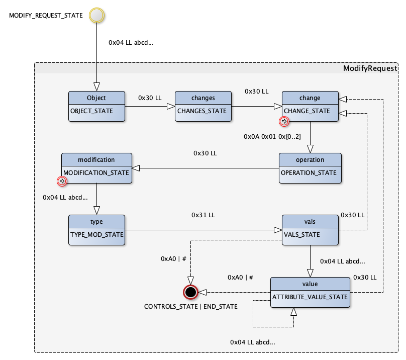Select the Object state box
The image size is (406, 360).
[x=96, y=106]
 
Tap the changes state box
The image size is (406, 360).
[x=203, y=106]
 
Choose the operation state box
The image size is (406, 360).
[x=310, y=167]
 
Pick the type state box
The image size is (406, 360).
[x=96, y=229]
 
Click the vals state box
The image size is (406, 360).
[x=310, y=229]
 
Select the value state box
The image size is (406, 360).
[x=310, y=292]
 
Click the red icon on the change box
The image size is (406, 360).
[x=284, y=121]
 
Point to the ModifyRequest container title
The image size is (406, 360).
[x=369, y=68]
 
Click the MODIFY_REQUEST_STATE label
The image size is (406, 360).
[x=46, y=16]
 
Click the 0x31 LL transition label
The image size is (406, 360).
[x=203, y=215]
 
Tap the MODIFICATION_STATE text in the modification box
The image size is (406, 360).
[x=96, y=172]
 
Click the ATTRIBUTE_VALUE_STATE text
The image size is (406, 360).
[x=310, y=297]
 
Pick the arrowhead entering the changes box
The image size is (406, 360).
[x=171, y=106]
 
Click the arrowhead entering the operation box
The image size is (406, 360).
[x=310, y=149]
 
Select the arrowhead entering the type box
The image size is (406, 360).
[x=96, y=211]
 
